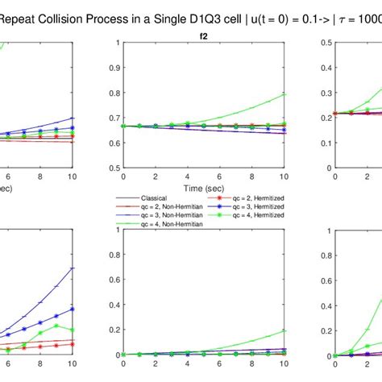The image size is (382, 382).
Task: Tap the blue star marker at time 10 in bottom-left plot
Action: click(x=73, y=309)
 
